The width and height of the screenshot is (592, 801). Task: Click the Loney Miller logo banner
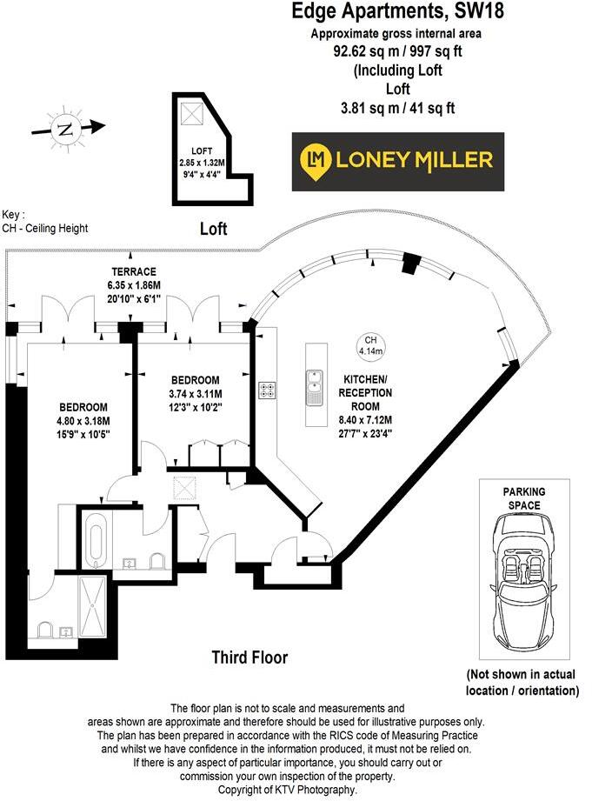397,161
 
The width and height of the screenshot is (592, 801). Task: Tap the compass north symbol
64,130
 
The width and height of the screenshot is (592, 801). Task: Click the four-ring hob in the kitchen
266,391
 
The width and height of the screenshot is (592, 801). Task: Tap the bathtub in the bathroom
95,538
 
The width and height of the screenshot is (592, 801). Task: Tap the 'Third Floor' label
249,657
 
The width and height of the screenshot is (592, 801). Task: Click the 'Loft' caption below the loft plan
213,229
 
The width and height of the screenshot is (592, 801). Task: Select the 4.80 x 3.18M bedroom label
83,420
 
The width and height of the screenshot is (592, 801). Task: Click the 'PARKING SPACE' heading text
525,497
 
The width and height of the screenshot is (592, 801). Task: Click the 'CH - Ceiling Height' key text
44,228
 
